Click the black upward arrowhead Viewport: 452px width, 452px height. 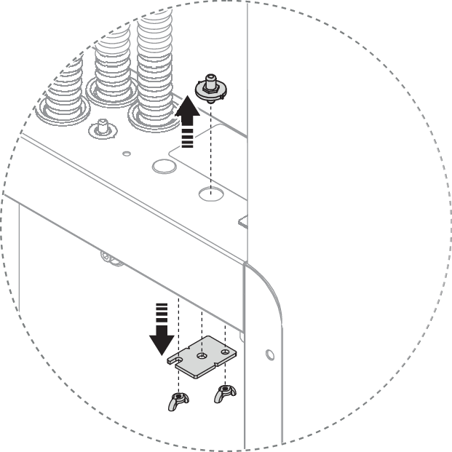tap(187, 110)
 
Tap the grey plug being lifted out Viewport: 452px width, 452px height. tap(210, 88)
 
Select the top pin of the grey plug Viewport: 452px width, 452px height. tap(210, 78)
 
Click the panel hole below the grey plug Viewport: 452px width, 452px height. tap(210, 194)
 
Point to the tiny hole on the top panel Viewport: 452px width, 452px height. tap(127, 154)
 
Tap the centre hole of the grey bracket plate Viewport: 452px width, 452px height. tap(201, 356)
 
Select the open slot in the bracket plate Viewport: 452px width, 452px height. tap(174, 360)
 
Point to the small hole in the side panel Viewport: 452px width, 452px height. tap(270, 354)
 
